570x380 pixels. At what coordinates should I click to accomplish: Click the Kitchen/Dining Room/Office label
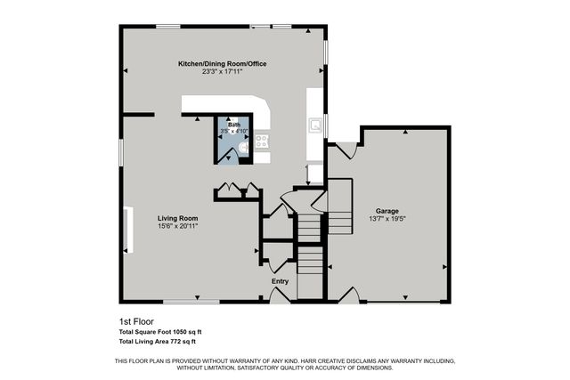click(222, 64)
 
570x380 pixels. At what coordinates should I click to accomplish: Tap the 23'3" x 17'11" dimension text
click(222, 72)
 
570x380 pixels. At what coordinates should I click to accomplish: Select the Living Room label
click(177, 218)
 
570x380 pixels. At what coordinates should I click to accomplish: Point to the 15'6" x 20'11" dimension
click(177, 226)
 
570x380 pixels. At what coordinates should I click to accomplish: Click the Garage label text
click(387, 211)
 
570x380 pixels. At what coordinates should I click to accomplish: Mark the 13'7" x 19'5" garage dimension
click(387, 219)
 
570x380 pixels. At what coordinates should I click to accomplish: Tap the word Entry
click(281, 282)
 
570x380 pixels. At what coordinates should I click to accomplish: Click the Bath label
click(233, 125)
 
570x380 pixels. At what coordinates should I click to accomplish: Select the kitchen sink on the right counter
click(315, 125)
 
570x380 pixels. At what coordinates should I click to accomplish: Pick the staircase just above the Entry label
click(308, 259)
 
